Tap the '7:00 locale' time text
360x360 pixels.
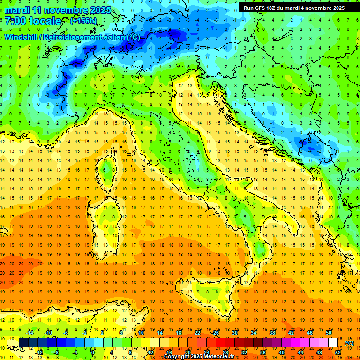[x=33, y=21]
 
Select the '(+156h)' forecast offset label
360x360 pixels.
[x=84, y=21]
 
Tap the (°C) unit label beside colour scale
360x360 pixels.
[x=349, y=343]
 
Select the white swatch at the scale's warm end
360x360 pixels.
[x=333, y=343]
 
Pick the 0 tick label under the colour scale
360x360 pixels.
[x=93, y=352]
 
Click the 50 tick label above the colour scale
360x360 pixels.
[x=329, y=333]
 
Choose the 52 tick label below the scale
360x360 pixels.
[x=338, y=352]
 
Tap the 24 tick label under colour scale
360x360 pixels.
[x=206, y=352]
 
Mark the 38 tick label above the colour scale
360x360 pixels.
[x=272, y=333]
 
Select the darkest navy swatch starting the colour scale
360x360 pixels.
[x=23, y=343]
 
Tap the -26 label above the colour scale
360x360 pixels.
[x=215, y=333]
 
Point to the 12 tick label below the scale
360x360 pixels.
[x=150, y=352]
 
